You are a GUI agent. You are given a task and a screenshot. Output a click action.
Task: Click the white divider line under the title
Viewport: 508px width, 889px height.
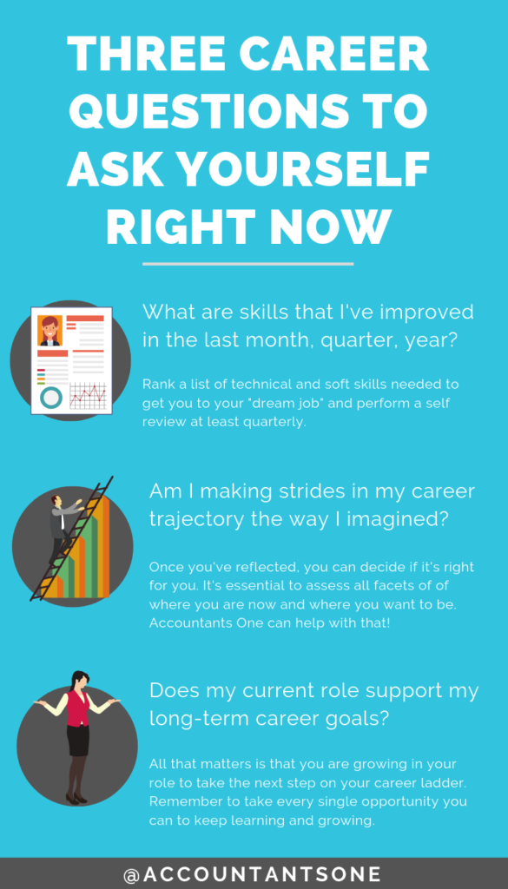point(247,263)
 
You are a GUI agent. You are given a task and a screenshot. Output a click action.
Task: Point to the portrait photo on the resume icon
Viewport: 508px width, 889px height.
point(49,331)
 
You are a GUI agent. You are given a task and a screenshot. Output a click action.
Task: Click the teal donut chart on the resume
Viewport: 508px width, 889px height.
point(51,398)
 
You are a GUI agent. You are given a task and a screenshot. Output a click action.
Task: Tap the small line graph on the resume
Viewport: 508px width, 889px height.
point(87,396)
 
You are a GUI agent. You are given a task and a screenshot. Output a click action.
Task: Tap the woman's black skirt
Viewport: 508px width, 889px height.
point(78,739)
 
